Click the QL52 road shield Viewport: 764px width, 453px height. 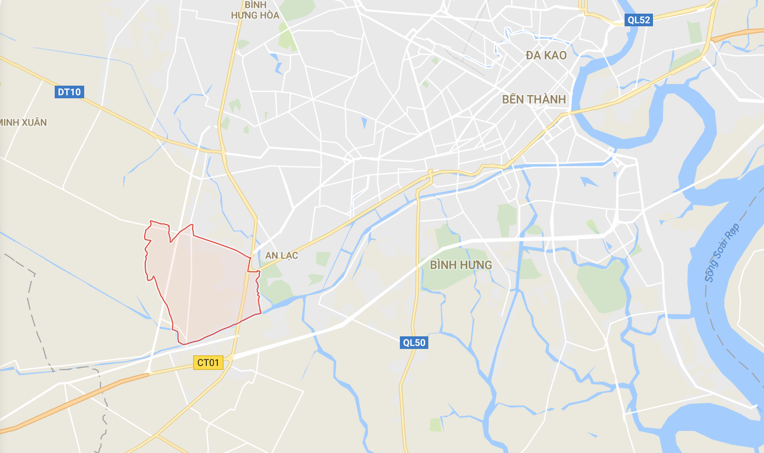[639, 20]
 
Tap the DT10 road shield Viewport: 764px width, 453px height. [69, 92]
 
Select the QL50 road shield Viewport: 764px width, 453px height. [414, 343]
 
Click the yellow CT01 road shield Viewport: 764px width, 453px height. [208, 362]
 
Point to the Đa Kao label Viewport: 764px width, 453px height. [546, 55]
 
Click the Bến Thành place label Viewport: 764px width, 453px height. [534, 99]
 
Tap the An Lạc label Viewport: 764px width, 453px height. [282, 255]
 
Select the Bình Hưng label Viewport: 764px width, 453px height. [461, 265]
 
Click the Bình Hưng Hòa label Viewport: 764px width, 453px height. [255, 10]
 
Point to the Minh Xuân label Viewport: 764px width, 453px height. [23, 122]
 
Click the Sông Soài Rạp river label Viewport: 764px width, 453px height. [722, 252]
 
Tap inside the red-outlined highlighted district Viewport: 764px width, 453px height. [205, 284]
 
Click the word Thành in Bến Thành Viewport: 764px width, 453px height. [547, 99]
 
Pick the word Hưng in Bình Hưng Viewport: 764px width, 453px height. [476, 265]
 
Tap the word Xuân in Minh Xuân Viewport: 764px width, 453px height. [34, 122]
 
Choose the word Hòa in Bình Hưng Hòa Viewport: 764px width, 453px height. [269, 15]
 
